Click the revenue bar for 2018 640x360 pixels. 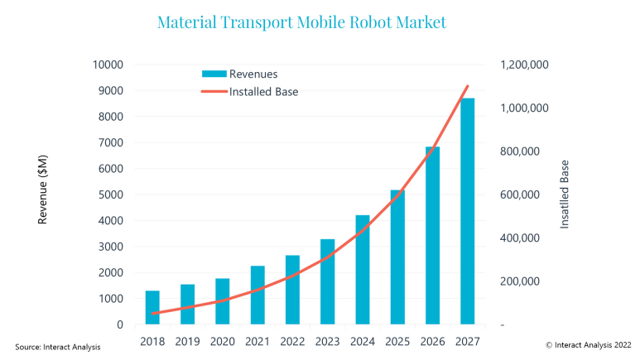152,307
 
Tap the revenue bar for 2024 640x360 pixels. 363,270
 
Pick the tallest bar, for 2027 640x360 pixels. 468,211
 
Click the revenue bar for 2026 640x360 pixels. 432,235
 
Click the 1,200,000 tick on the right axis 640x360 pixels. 524,65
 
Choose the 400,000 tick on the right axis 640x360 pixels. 519,238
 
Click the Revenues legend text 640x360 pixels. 253,74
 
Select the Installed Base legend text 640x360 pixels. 263,92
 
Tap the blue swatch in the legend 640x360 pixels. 213,74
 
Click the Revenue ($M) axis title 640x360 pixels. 43,194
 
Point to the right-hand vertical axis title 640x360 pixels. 565,194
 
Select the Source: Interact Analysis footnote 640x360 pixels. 58,347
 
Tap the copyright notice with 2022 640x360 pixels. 588,343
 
